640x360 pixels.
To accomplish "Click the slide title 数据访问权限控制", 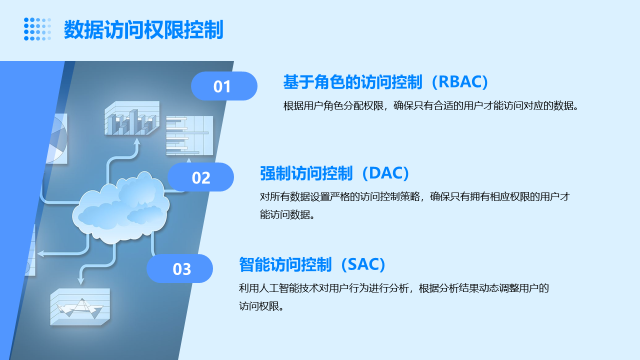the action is pos(143,29).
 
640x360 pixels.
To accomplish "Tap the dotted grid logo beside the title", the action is pos(37,29).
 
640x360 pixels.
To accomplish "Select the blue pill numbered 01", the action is pos(224,86).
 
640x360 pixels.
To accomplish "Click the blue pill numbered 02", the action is pos(200,177).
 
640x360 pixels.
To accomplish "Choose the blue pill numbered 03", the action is pos(179,268).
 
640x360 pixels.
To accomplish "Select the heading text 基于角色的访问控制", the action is pos(352,82).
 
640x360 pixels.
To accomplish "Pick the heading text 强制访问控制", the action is pos(306,173).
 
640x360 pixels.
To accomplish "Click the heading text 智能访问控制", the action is pos(285,265).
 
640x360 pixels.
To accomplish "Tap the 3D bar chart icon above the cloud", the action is pos(132,118).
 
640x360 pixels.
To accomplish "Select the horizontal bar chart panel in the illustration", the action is pos(189,135).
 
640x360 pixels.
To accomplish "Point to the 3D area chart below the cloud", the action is pos(80,307).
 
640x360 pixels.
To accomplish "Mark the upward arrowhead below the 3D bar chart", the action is pos(137,142).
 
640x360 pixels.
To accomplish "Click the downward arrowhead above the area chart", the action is pos(81,280).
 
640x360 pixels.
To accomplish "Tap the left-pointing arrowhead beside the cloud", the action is pos(41,253).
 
